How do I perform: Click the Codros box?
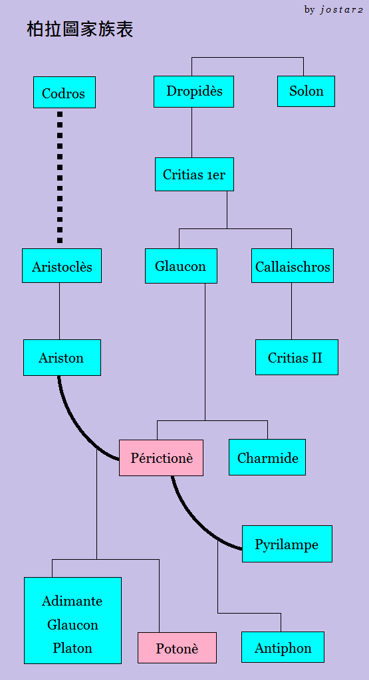tap(64, 92)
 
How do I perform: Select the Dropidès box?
tap(193, 92)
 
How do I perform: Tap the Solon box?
tap(306, 91)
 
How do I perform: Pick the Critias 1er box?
tap(195, 175)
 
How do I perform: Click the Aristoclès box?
tap(62, 266)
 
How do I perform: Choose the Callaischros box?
tap(293, 266)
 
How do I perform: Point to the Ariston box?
tap(62, 358)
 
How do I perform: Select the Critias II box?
tap(297, 357)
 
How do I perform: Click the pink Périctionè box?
tap(161, 458)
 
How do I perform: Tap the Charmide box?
tap(267, 457)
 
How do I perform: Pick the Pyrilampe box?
tap(287, 544)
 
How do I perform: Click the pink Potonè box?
tap(177, 648)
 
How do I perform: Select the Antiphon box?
tap(283, 647)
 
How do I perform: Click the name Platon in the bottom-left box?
tap(72, 648)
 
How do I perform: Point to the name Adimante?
tap(72, 601)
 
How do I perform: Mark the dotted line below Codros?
tap(60, 177)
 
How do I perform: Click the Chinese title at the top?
tap(80, 29)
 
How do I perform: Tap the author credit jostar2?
tap(341, 10)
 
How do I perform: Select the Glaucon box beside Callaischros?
tap(181, 266)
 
